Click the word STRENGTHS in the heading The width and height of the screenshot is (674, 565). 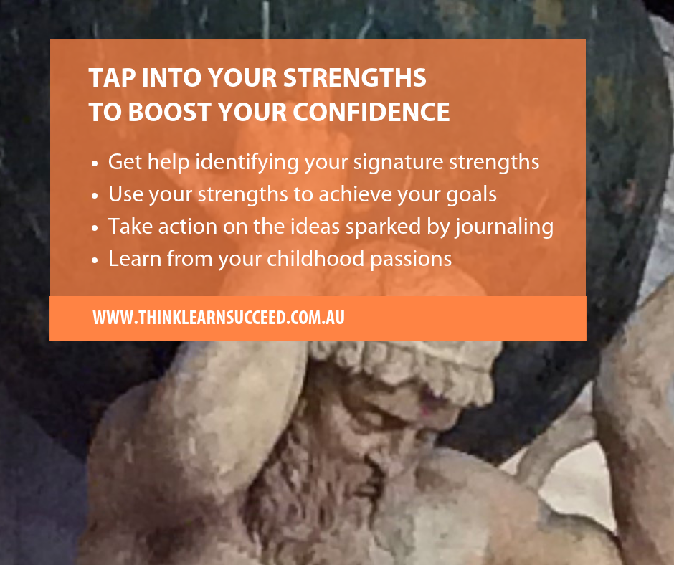click(x=355, y=78)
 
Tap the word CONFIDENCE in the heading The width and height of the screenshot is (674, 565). click(x=371, y=113)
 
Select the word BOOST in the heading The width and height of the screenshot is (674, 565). click(x=170, y=113)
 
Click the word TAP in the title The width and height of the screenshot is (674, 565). click(x=112, y=78)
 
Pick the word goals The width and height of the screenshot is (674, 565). click(x=471, y=195)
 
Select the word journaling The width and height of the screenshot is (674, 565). click(x=504, y=227)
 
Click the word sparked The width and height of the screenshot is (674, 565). click(x=383, y=227)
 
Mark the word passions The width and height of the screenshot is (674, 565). click(x=411, y=260)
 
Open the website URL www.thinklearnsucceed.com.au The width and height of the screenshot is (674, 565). click(x=219, y=318)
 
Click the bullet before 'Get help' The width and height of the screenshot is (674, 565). click(x=95, y=163)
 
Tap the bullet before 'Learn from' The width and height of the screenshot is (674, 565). click(x=95, y=260)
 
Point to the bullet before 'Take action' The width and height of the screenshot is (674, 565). click(x=95, y=228)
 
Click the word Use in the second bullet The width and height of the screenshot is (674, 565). click(x=125, y=194)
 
